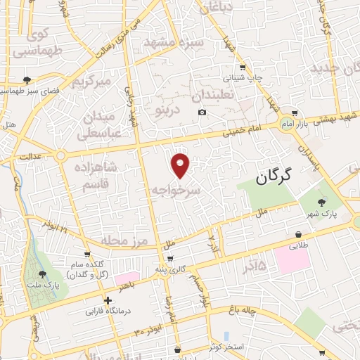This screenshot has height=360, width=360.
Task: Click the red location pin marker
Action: pos(181,165)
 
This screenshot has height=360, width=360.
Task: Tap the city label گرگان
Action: pos(268,179)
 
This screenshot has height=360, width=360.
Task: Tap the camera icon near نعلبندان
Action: pos(202,112)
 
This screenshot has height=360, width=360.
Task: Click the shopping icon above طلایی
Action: pos(299,235)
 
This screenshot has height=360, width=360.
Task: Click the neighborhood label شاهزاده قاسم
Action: pos(98,174)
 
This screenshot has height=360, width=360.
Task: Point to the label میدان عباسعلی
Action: pos(103,122)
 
